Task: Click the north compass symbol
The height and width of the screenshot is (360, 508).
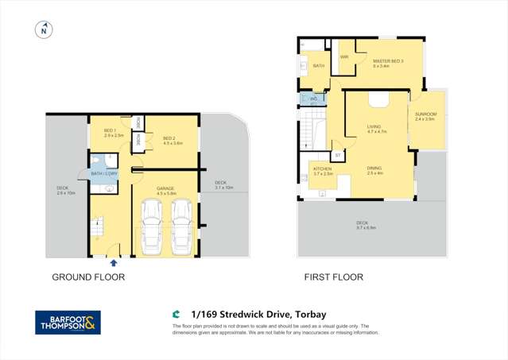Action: click(44, 30)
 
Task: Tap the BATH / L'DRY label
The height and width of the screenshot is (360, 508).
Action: click(104, 173)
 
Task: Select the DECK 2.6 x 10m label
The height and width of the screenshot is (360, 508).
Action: click(65, 190)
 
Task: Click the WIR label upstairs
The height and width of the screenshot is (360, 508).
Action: click(344, 57)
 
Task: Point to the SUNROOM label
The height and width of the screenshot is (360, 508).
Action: click(425, 116)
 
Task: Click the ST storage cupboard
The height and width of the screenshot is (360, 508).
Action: click(337, 155)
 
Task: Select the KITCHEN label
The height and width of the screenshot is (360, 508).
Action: click(322, 170)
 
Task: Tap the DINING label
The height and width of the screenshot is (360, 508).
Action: click(374, 169)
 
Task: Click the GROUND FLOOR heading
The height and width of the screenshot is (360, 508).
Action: click(88, 277)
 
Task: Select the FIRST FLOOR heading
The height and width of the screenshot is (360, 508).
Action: click(333, 277)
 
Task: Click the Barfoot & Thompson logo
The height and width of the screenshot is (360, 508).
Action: click(68, 322)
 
